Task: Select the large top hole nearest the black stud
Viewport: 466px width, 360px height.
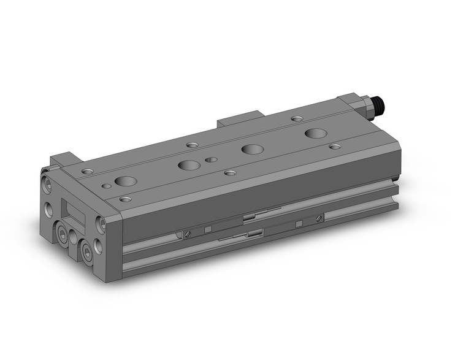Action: (x=316, y=133)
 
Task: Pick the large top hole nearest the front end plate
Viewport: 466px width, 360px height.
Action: (x=126, y=181)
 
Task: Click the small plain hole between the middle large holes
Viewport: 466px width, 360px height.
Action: (x=211, y=159)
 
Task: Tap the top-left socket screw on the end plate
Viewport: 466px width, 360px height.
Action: (x=47, y=182)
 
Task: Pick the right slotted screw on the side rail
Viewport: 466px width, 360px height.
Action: (x=318, y=218)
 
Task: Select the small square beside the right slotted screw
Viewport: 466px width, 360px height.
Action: (x=298, y=224)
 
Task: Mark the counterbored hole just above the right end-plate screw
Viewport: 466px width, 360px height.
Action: (x=126, y=199)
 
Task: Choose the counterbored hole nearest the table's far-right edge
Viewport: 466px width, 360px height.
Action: (x=334, y=147)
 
